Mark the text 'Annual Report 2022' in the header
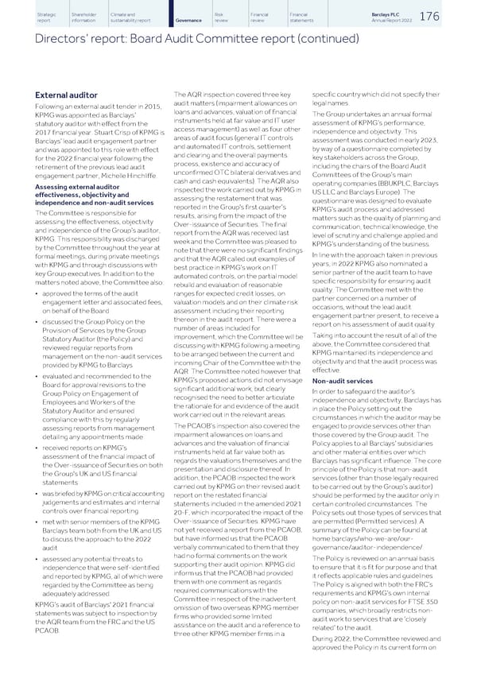click(414, 23)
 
